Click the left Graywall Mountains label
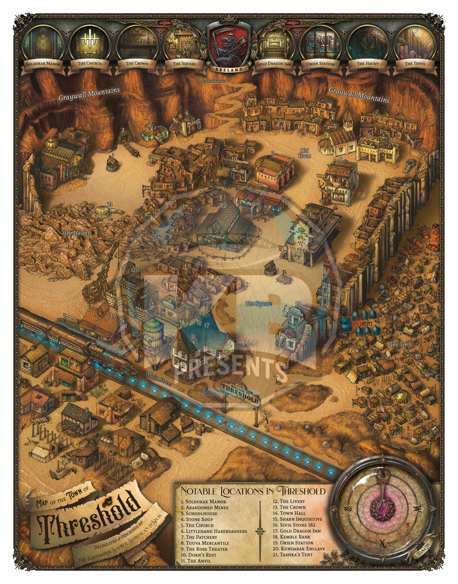coord(89,91)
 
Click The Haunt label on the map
coord(74,234)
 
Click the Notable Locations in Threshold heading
coord(253,491)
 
